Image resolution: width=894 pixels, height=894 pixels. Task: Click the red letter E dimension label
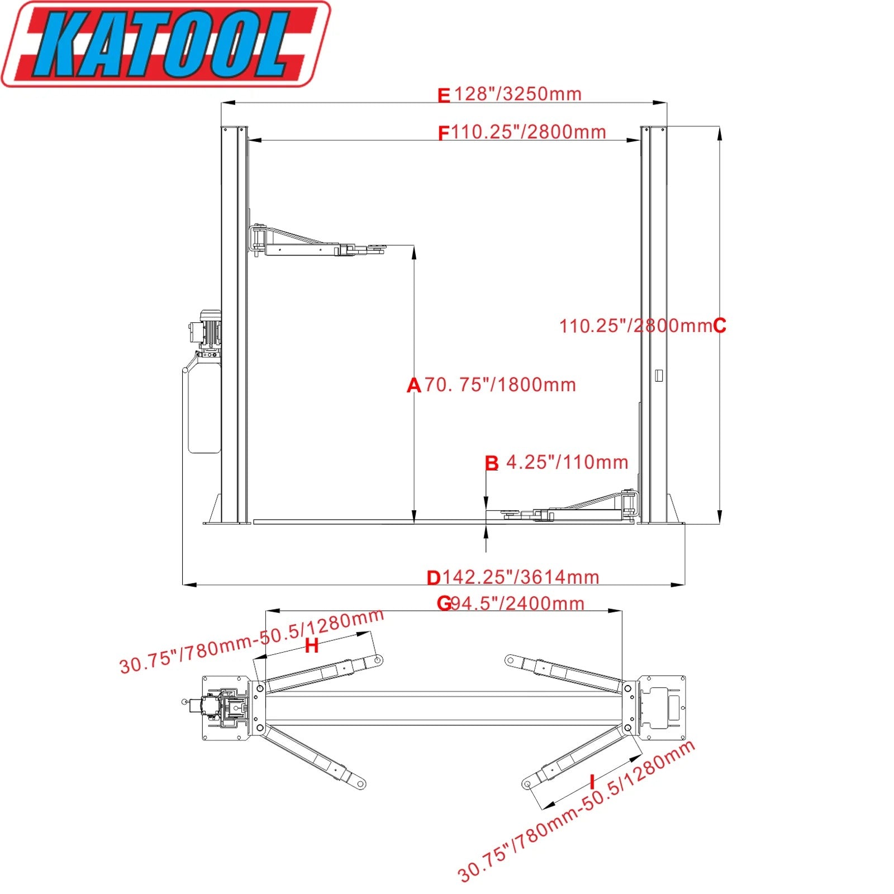click(x=443, y=96)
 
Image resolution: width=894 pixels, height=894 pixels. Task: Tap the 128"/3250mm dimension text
click(x=517, y=94)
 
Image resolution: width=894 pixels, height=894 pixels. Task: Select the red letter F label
click(x=443, y=134)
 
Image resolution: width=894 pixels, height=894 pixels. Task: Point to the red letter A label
click(x=413, y=385)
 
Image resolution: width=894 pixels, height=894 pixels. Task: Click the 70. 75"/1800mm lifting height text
click(x=500, y=385)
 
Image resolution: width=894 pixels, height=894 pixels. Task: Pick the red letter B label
click(x=492, y=463)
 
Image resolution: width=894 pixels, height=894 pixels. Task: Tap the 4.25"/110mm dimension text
click(x=567, y=462)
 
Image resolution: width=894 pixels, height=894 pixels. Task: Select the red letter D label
click(x=434, y=578)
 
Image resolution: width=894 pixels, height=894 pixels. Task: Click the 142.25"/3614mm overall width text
click(x=521, y=577)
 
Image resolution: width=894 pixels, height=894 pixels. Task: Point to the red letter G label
click(x=444, y=603)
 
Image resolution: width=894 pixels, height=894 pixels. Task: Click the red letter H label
click(x=312, y=646)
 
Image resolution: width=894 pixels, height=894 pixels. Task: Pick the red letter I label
click(x=592, y=781)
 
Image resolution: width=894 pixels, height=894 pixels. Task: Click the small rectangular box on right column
click(x=659, y=375)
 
